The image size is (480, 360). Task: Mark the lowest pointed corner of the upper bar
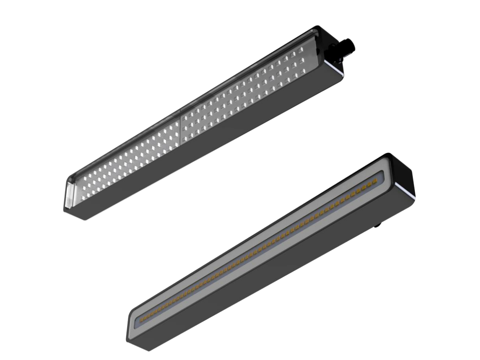84,220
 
